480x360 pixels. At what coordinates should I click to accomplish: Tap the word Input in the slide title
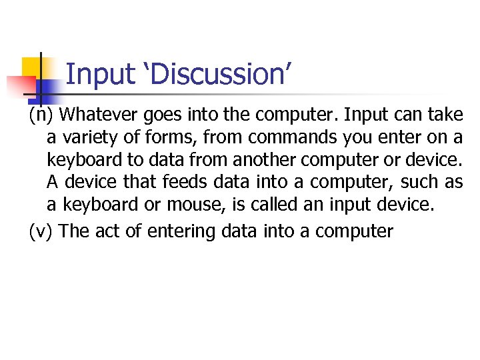101,74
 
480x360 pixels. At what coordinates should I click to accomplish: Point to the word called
275,204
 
